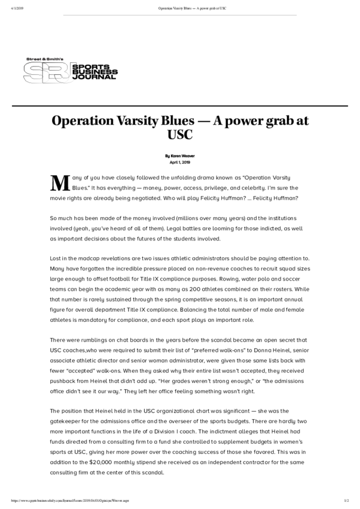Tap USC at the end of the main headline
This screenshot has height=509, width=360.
pos(180,136)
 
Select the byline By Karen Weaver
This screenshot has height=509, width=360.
pos(180,156)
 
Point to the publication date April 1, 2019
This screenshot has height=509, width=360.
pos(180,162)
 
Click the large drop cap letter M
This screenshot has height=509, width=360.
pos(58,183)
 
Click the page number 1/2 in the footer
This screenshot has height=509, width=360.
pos(346,500)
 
